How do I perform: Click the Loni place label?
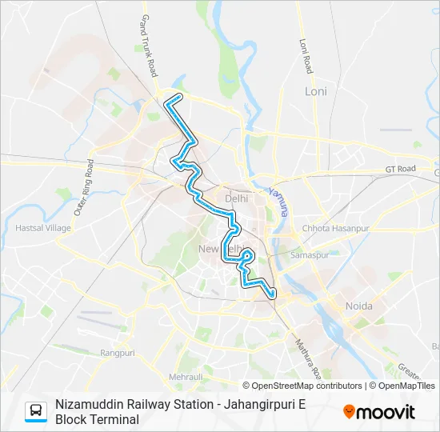click(x=316, y=91)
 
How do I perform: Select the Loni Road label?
click(x=304, y=56)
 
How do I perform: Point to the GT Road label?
click(x=401, y=169)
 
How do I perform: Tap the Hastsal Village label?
click(x=43, y=228)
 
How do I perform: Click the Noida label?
click(x=358, y=306)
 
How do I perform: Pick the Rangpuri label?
click(x=118, y=352)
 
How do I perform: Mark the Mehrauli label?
click(x=186, y=376)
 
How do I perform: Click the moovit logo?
click(x=379, y=412)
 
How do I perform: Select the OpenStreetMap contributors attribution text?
click(x=302, y=386)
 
